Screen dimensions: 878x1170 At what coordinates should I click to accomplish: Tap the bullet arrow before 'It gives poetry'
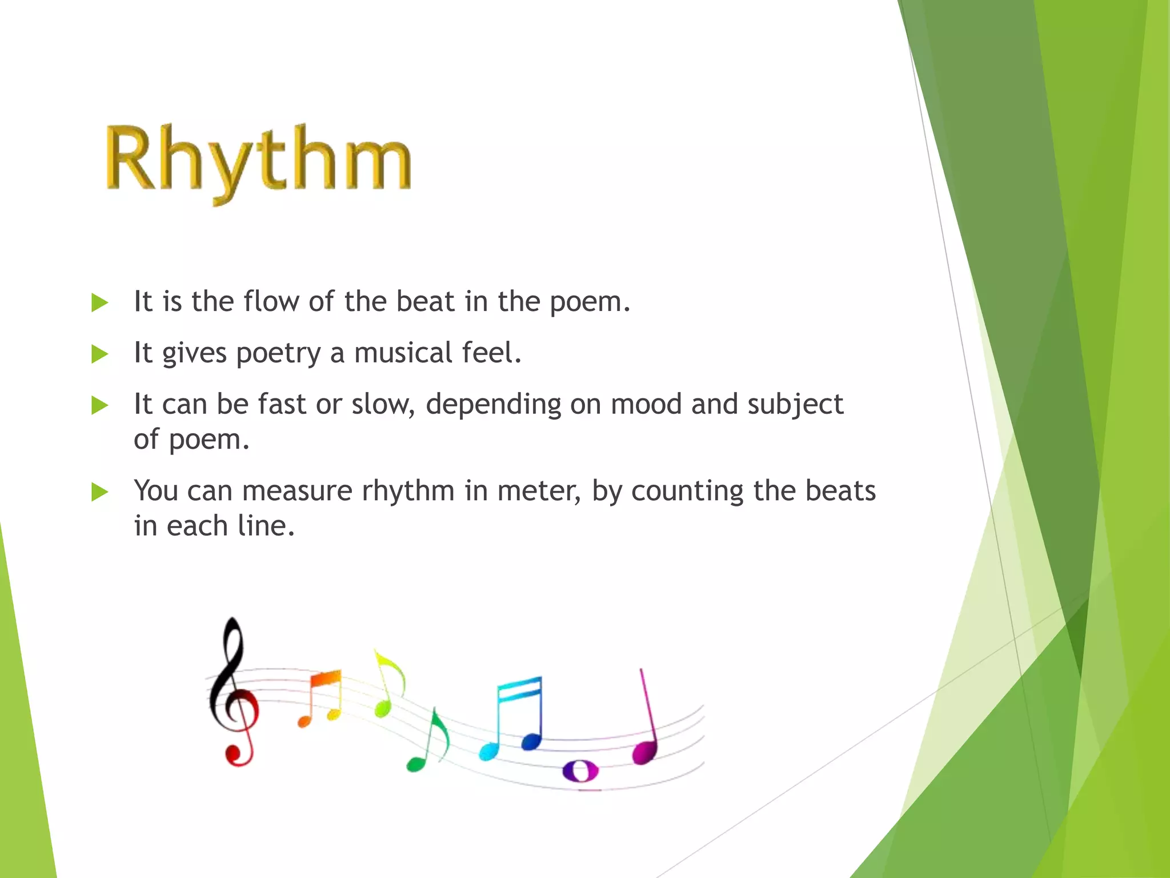(x=99, y=354)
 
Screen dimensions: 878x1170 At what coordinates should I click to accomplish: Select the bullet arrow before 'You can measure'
(x=99, y=492)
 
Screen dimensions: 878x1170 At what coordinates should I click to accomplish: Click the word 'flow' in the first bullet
(x=271, y=301)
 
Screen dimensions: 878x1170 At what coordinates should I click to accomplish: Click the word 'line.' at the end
(x=266, y=526)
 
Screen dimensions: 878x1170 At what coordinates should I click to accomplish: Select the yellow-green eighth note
(x=388, y=683)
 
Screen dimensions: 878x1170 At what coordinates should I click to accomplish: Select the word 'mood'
(x=646, y=405)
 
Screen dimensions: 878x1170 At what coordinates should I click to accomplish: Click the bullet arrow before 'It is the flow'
(x=99, y=303)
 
